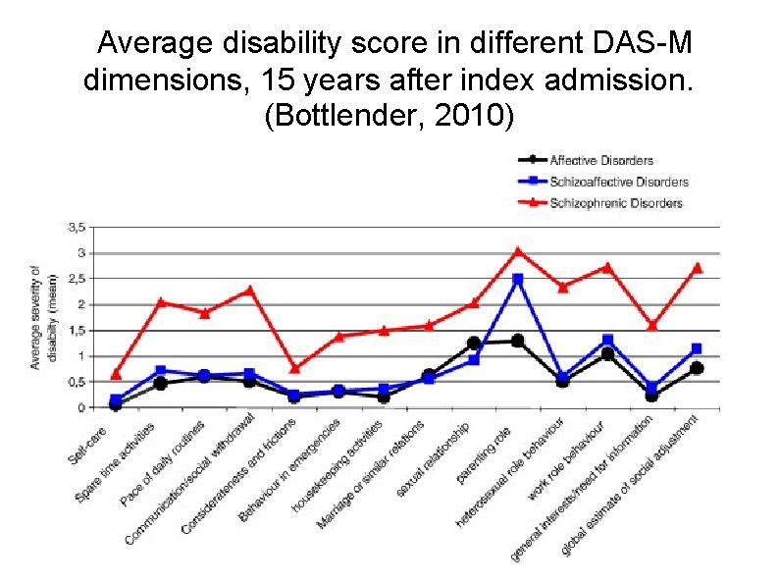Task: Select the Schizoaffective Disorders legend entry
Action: [618, 182]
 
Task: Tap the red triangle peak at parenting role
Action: [518, 252]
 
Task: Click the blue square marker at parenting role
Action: [518, 280]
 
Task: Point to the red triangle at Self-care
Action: [116, 374]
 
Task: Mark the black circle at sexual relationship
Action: [474, 344]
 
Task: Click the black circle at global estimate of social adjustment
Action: [697, 368]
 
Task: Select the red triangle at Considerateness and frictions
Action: [294, 368]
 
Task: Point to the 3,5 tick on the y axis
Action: [76, 227]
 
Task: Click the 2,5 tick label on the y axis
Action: [76, 279]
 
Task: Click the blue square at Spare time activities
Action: [161, 371]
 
